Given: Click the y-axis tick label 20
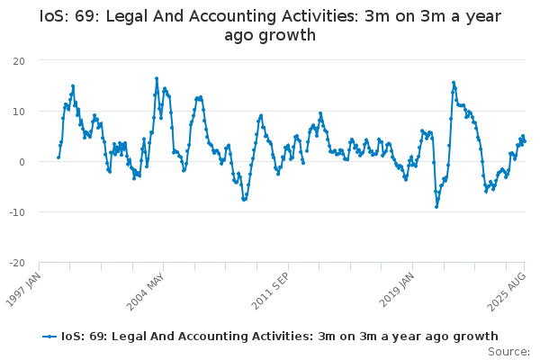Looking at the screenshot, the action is click(x=19, y=61).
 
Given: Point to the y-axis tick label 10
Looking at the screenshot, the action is click(x=19, y=112).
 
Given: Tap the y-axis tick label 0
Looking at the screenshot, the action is click(x=22, y=162).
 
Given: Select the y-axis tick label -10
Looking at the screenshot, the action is click(x=17, y=212).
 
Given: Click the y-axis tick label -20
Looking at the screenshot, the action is click(x=17, y=263).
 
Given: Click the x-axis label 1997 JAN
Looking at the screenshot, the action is click(x=23, y=290).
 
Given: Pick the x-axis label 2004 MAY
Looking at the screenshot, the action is click(x=145, y=292).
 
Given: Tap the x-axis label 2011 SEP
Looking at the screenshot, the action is click(x=270, y=292).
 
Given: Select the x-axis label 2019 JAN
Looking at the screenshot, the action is click(x=396, y=290).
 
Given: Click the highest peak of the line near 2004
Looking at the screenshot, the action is click(x=157, y=78).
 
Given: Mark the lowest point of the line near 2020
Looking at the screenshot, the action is click(x=436, y=207).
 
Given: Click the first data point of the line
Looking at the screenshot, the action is click(x=58, y=157).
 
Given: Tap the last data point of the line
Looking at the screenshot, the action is click(x=525, y=141).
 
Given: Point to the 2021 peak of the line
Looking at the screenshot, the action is click(x=454, y=83).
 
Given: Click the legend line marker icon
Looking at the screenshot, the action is click(x=49, y=337).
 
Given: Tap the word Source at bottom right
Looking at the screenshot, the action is click(x=507, y=352).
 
